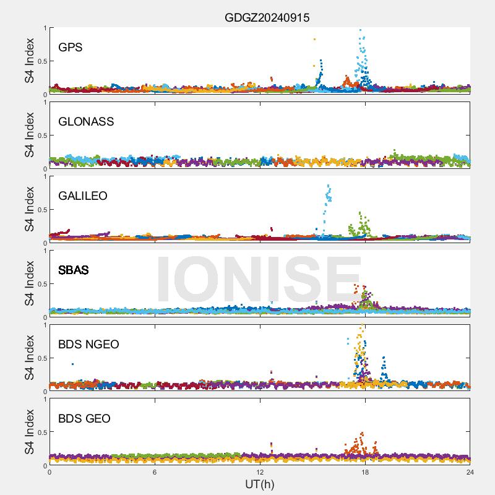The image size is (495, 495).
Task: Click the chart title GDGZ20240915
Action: pyautogui.click(x=267, y=18)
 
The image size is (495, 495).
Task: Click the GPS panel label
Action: pyautogui.click(x=70, y=47)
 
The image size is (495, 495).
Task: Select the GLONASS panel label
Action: pyautogui.click(x=86, y=121)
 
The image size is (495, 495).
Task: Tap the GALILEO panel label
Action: pyautogui.click(x=83, y=196)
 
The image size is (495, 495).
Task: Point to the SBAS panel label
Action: pyautogui.click(x=73, y=270)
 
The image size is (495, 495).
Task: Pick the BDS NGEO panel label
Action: pyautogui.click(x=88, y=344)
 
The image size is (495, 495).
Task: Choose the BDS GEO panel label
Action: pyautogui.click(x=84, y=418)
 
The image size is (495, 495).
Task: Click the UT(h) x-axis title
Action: pyautogui.click(x=259, y=483)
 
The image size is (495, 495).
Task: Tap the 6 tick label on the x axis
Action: pyautogui.click(x=155, y=472)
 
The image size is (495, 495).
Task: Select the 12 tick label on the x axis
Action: pyautogui.click(x=260, y=472)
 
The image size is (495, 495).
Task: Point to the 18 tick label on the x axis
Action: pyautogui.click(x=365, y=472)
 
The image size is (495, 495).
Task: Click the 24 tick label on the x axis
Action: pyautogui.click(x=470, y=472)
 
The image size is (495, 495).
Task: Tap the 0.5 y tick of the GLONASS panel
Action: pyautogui.click(x=40, y=136)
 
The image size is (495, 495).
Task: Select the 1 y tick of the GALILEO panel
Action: pyautogui.click(x=44, y=176)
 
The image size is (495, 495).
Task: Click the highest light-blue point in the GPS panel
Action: pyautogui.click(x=360, y=30)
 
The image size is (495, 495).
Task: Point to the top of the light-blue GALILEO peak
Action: pyautogui.click(x=329, y=186)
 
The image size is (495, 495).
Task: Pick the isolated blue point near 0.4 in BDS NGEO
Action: pyautogui.click(x=72, y=364)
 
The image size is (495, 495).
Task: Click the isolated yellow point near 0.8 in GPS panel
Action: pyautogui.click(x=314, y=40)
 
